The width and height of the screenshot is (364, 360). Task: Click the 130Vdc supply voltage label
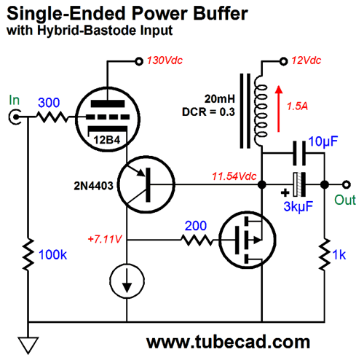tap(165, 60)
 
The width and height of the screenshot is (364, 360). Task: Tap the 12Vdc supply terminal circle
tap(283, 61)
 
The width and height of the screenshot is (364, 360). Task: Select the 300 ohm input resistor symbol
tap(52, 117)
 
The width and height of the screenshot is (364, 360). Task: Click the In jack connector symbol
tap(15, 117)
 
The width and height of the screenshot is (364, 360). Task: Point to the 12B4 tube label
tap(107, 140)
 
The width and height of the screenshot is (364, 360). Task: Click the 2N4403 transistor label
tap(93, 186)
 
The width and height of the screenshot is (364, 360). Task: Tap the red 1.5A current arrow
tap(279, 109)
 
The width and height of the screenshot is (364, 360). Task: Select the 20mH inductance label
tap(220, 99)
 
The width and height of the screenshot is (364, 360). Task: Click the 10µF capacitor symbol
tap(299, 153)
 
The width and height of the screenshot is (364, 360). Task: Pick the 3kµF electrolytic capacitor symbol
tap(299, 184)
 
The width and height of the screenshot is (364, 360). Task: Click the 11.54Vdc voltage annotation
tap(234, 176)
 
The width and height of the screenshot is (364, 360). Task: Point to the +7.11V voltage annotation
tap(105, 239)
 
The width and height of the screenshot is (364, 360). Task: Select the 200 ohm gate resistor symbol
tap(197, 240)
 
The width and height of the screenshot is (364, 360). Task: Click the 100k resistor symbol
tap(28, 254)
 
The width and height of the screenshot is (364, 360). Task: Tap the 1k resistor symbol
tap(325, 254)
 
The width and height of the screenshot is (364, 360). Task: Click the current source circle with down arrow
tap(127, 281)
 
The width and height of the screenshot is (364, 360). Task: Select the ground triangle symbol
tap(28, 345)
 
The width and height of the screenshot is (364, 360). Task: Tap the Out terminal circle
tap(347, 184)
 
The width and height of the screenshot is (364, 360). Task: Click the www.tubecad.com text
tap(228, 342)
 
